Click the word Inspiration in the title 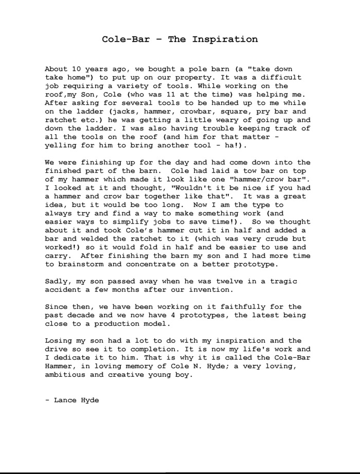[225, 39]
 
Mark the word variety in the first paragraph [150, 86]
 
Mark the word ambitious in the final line [67, 375]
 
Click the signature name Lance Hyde [76, 400]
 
